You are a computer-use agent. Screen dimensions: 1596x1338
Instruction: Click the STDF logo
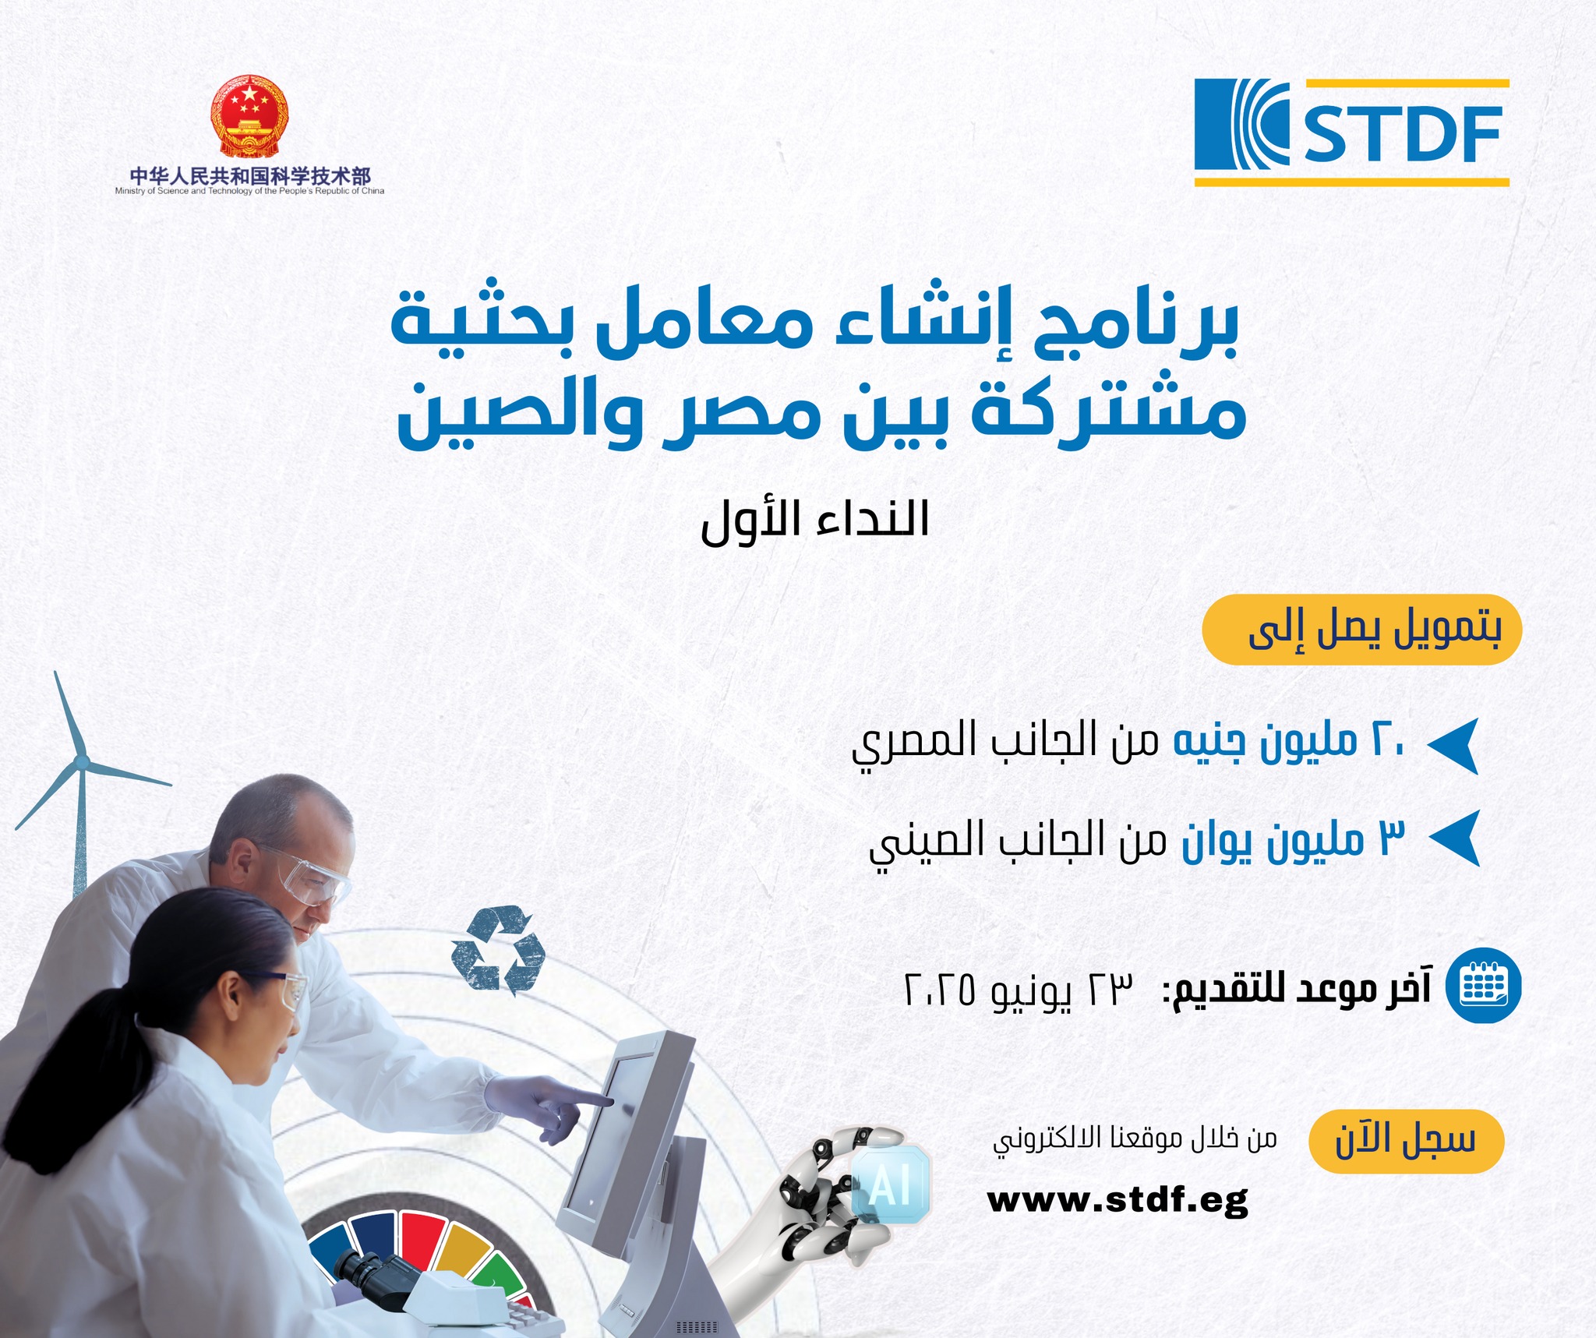pos(1351,132)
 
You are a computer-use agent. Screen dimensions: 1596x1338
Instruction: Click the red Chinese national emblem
pos(249,117)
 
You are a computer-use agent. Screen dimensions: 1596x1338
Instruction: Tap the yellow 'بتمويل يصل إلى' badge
pos(1361,630)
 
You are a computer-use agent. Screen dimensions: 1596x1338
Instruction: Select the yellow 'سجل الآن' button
pos(1406,1141)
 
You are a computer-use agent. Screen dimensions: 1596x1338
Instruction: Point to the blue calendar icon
pos(1484,985)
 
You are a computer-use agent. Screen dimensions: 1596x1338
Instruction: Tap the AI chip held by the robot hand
pos(890,1184)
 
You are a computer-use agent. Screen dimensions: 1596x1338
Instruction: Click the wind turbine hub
pos(81,761)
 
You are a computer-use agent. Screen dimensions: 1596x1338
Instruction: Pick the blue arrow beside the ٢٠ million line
pos(1454,745)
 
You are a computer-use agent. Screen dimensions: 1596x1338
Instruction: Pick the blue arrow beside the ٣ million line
pos(1456,838)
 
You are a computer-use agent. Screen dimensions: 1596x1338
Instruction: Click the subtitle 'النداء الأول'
pos(815,520)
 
